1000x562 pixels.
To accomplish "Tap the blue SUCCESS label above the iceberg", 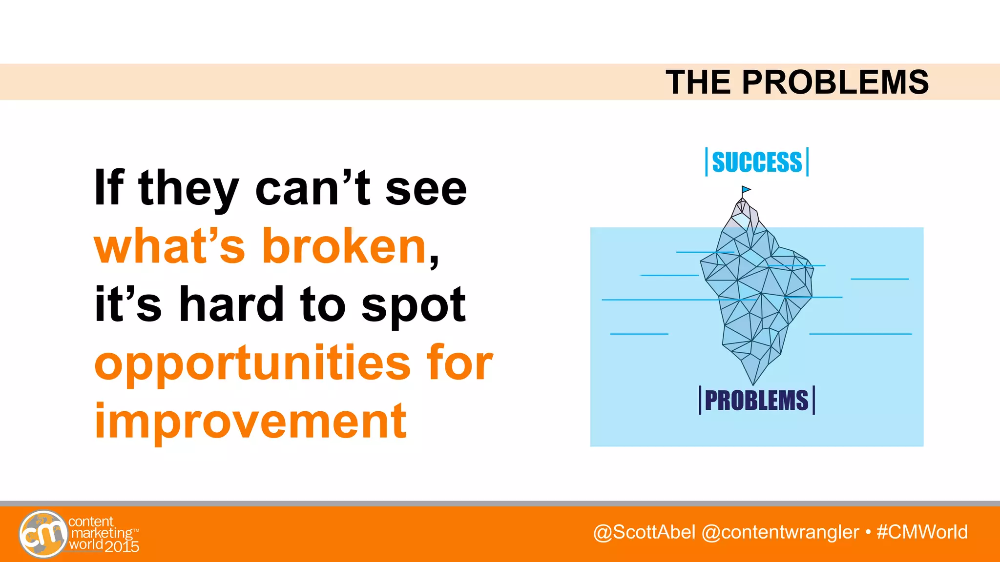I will click(757, 162).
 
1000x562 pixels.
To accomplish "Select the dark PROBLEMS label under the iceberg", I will click(757, 401).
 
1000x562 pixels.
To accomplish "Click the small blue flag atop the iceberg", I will click(746, 190).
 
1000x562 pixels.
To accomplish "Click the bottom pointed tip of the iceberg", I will click(753, 383).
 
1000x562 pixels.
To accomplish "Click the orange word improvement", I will click(250, 421).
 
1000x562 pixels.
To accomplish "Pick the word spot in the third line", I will click(413, 305).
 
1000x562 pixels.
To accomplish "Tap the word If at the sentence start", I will click(109, 187).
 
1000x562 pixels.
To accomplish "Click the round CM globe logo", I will click(43, 534).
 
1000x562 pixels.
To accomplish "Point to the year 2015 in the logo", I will click(122, 546).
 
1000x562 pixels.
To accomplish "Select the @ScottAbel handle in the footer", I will click(644, 532).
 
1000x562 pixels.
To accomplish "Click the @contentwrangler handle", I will click(780, 532).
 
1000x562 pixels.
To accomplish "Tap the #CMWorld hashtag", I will click(922, 532).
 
